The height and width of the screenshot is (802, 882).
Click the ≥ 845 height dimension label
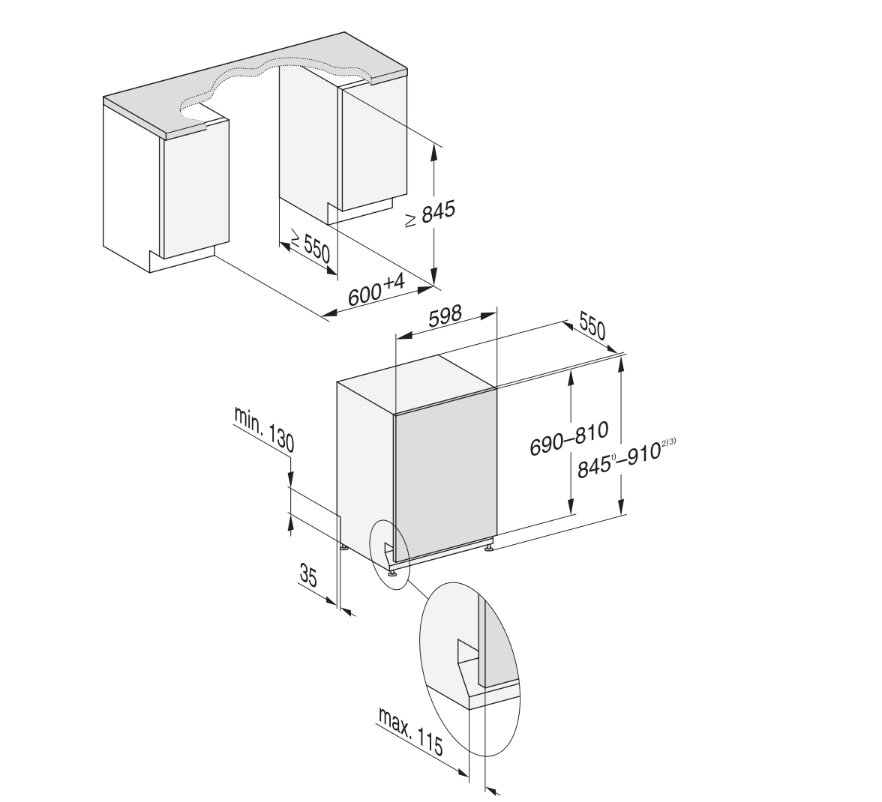point(430,214)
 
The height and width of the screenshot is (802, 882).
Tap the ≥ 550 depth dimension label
point(310,245)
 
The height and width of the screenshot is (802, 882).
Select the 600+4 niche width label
point(376,290)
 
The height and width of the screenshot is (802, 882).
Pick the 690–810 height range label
point(569,439)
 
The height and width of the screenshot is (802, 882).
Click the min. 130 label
point(264,430)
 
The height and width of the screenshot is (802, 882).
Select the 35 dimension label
point(308,576)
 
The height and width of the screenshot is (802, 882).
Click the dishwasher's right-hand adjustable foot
point(489,545)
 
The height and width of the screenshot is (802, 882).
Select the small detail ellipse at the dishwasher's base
point(389,554)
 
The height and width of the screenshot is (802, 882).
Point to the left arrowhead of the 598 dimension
point(404,336)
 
